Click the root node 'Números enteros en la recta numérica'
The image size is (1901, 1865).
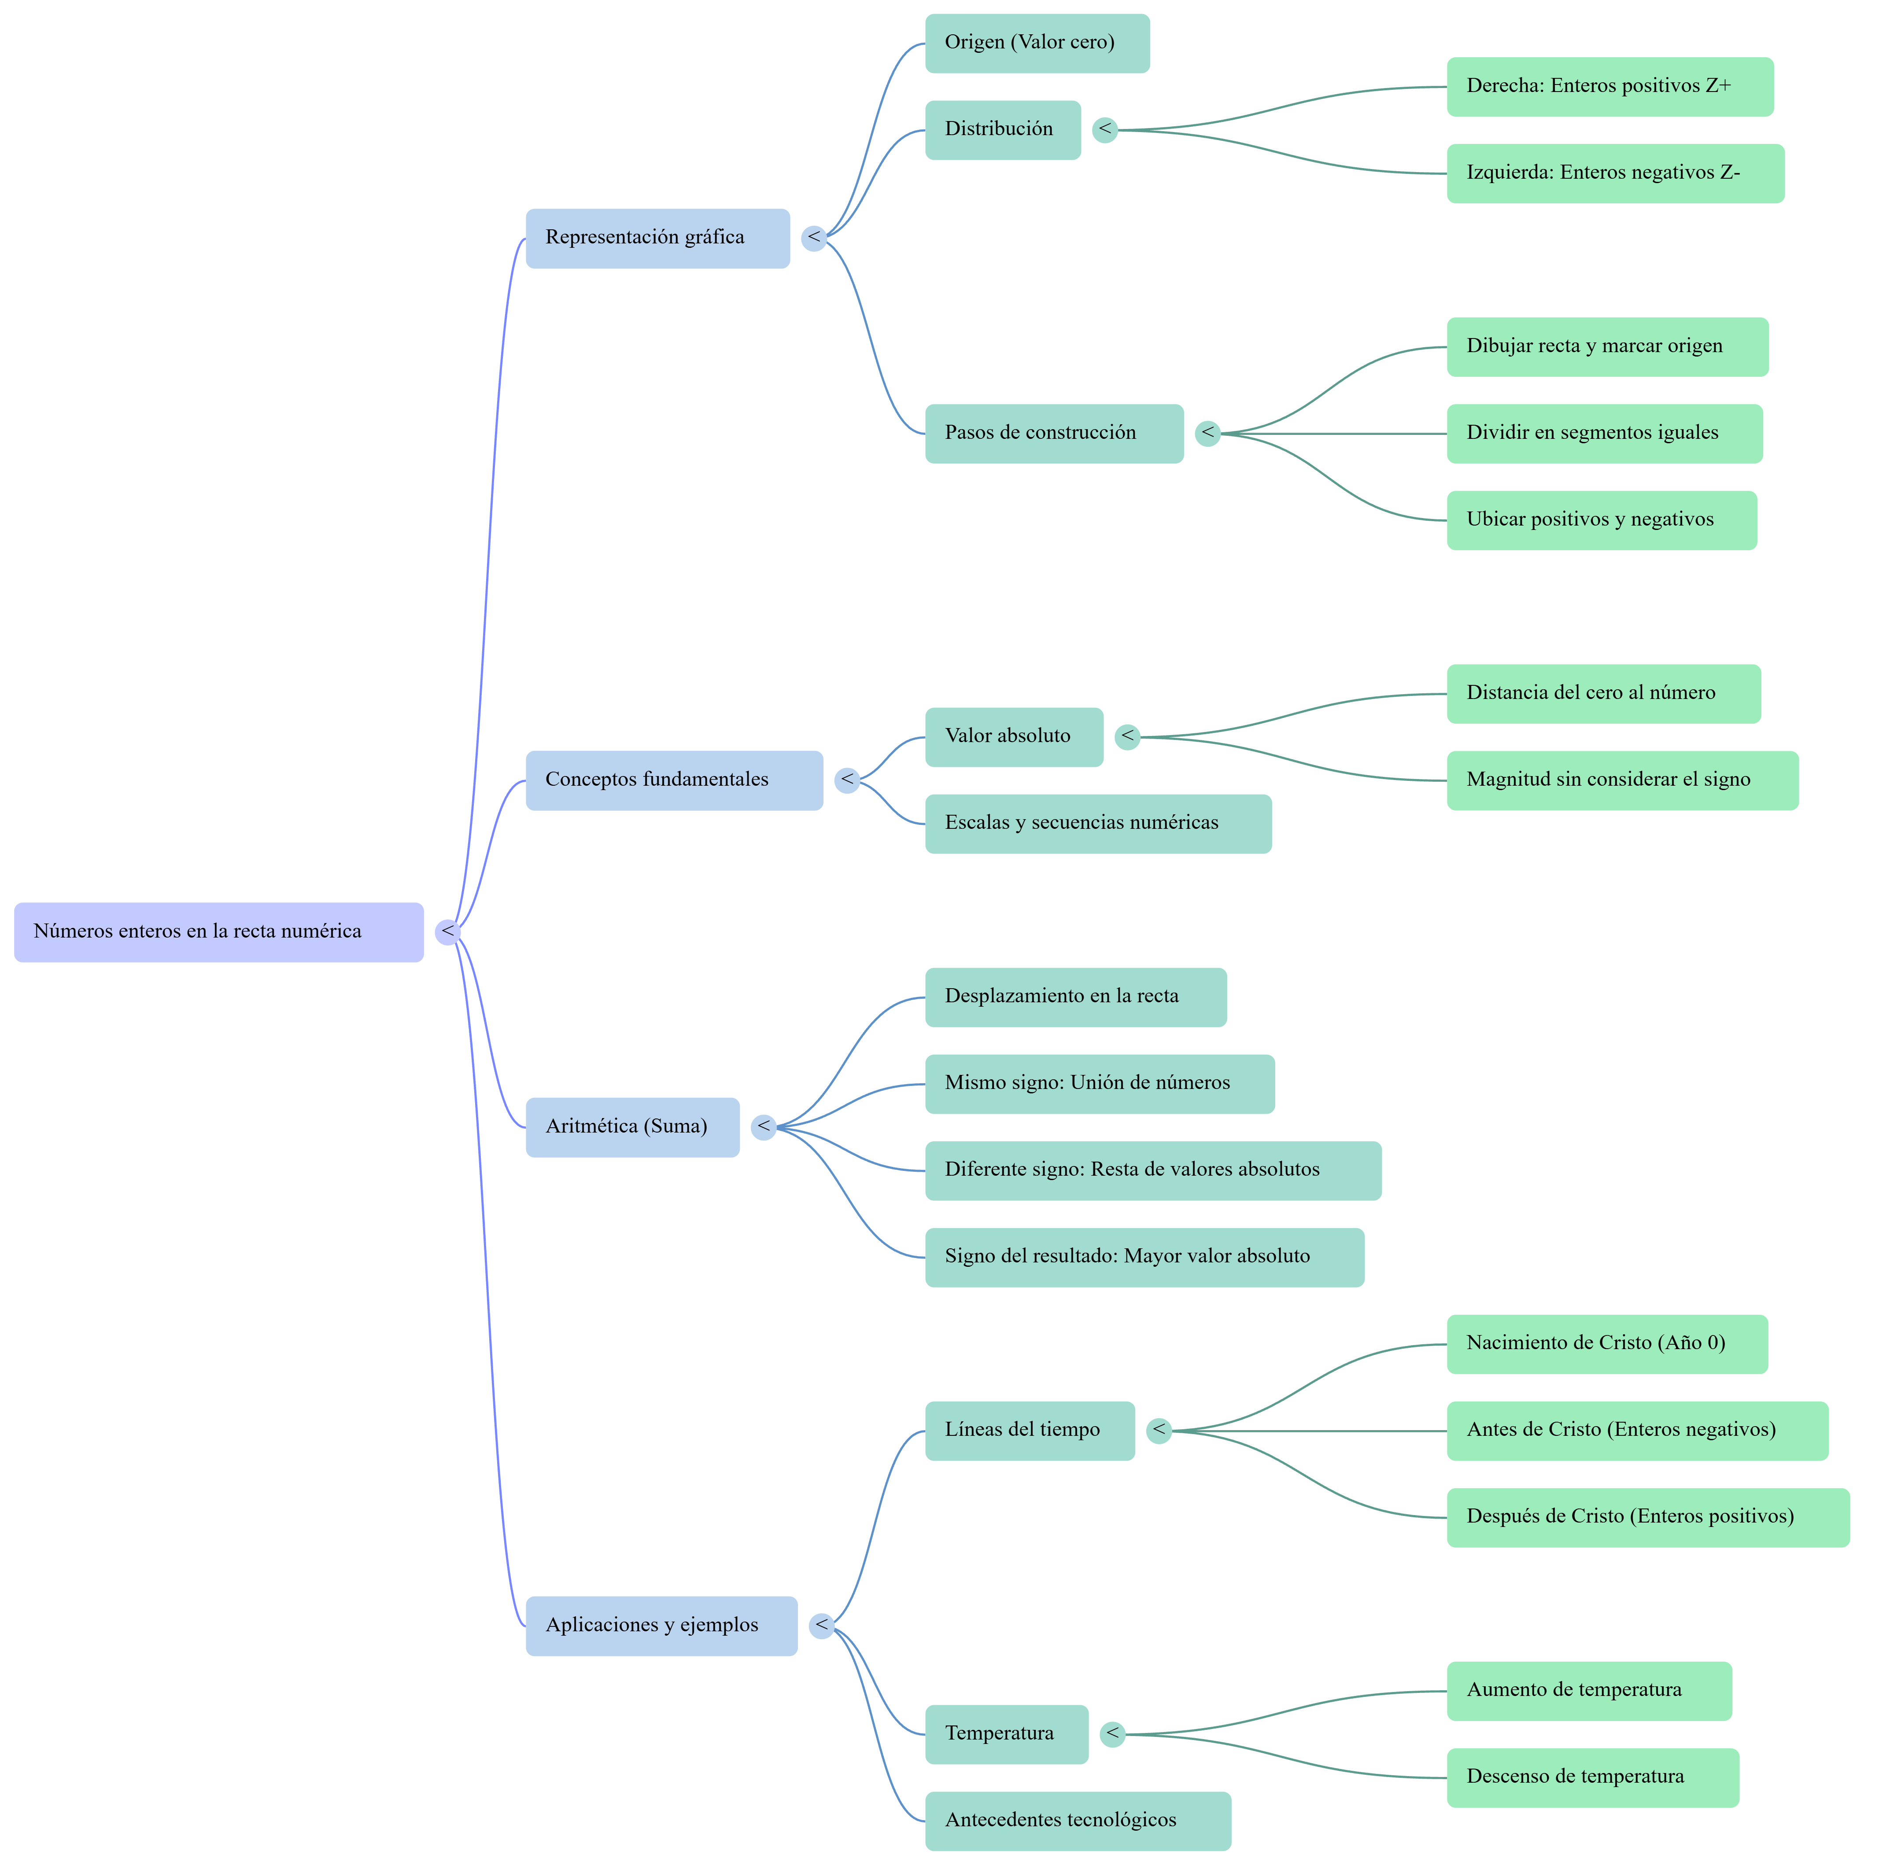click(x=218, y=931)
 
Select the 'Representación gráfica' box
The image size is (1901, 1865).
click(x=657, y=238)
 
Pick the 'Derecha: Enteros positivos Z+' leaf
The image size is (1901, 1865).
click(x=1610, y=86)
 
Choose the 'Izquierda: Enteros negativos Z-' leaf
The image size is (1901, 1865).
click(x=1616, y=173)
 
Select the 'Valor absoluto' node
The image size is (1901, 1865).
click(x=1014, y=736)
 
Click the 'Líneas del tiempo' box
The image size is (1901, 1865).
click(x=1030, y=1431)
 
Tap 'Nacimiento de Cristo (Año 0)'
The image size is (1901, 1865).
click(x=1607, y=1344)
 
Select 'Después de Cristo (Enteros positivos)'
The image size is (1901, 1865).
click(x=1648, y=1517)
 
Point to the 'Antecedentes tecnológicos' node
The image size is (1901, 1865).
click(x=1078, y=1821)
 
